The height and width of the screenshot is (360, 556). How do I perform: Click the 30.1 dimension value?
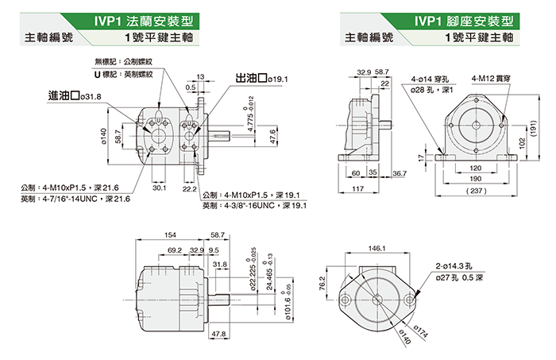click(x=158, y=188)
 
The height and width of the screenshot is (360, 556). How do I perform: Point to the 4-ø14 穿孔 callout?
click(x=431, y=79)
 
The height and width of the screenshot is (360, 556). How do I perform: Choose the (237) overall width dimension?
click(x=476, y=192)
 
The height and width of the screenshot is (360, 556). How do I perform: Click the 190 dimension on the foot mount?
click(x=476, y=180)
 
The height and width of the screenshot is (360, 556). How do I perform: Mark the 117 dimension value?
click(x=358, y=189)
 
